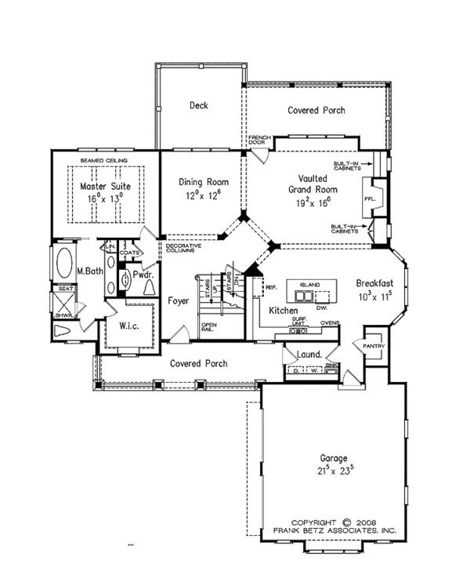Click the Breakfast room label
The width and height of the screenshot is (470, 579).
(x=374, y=283)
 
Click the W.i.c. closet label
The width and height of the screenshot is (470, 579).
(x=128, y=326)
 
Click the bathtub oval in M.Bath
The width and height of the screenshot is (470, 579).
(x=63, y=262)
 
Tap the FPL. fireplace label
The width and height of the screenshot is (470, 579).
(x=371, y=199)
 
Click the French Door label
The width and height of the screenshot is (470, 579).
(x=258, y=142)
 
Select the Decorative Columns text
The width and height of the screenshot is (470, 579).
(x=184, y=248)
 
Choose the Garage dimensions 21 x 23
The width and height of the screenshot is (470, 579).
(x=333, y=472)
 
